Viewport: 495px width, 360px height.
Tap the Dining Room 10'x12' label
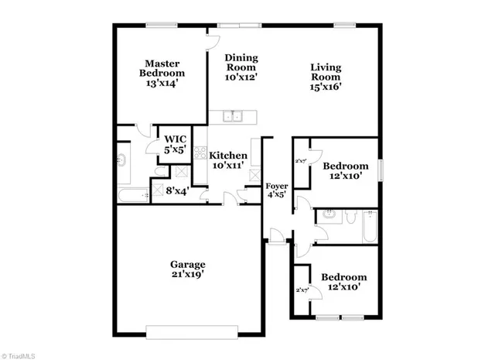pyautogui.click(x=241, y=67)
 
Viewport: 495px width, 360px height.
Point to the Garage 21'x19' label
pyautogui.click(x=188, y=268)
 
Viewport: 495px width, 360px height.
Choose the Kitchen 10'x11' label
pyautogui.click(x=228, y=160)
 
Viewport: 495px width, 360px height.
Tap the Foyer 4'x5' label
pyautogui.click(x=277, y=191)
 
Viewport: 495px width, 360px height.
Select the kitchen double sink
pyautogui.click(x=232, y=117)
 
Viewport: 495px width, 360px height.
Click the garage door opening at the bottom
pyautogui.click(x=191, y=331)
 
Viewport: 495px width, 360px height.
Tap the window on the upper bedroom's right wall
pyautogui.click(x=381, y=169)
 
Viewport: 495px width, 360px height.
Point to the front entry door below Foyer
pyautogui.click(x=276, y=244)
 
